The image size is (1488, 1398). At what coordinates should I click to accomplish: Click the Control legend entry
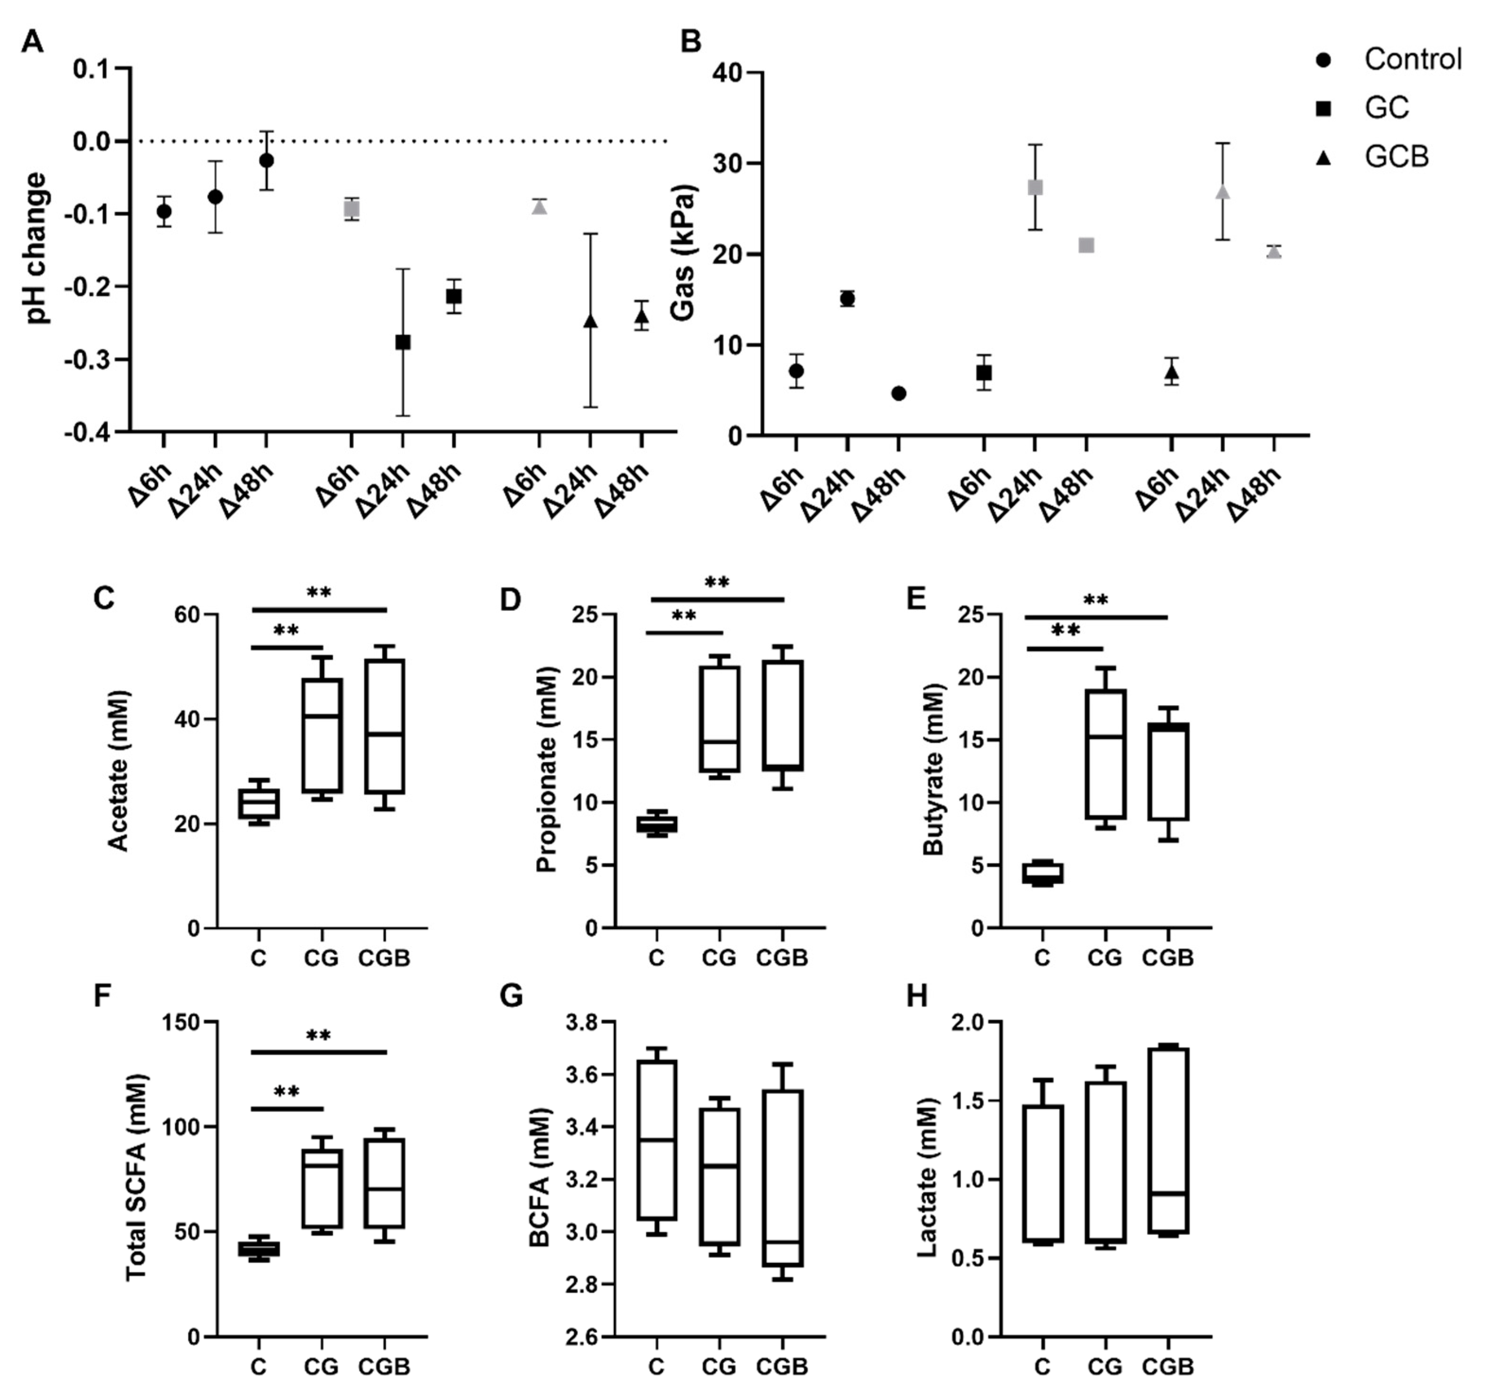1412,59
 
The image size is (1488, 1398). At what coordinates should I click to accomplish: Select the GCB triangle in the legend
1323,156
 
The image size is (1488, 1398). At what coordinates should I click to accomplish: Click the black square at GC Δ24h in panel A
403,342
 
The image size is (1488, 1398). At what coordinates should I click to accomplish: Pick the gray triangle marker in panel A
540,207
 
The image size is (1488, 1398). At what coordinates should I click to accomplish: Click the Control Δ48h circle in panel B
899,393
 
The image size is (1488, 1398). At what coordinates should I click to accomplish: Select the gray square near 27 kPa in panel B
1035,187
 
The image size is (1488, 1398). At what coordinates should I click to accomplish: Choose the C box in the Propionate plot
656,824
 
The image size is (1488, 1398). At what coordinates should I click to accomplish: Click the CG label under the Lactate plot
1105,1367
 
